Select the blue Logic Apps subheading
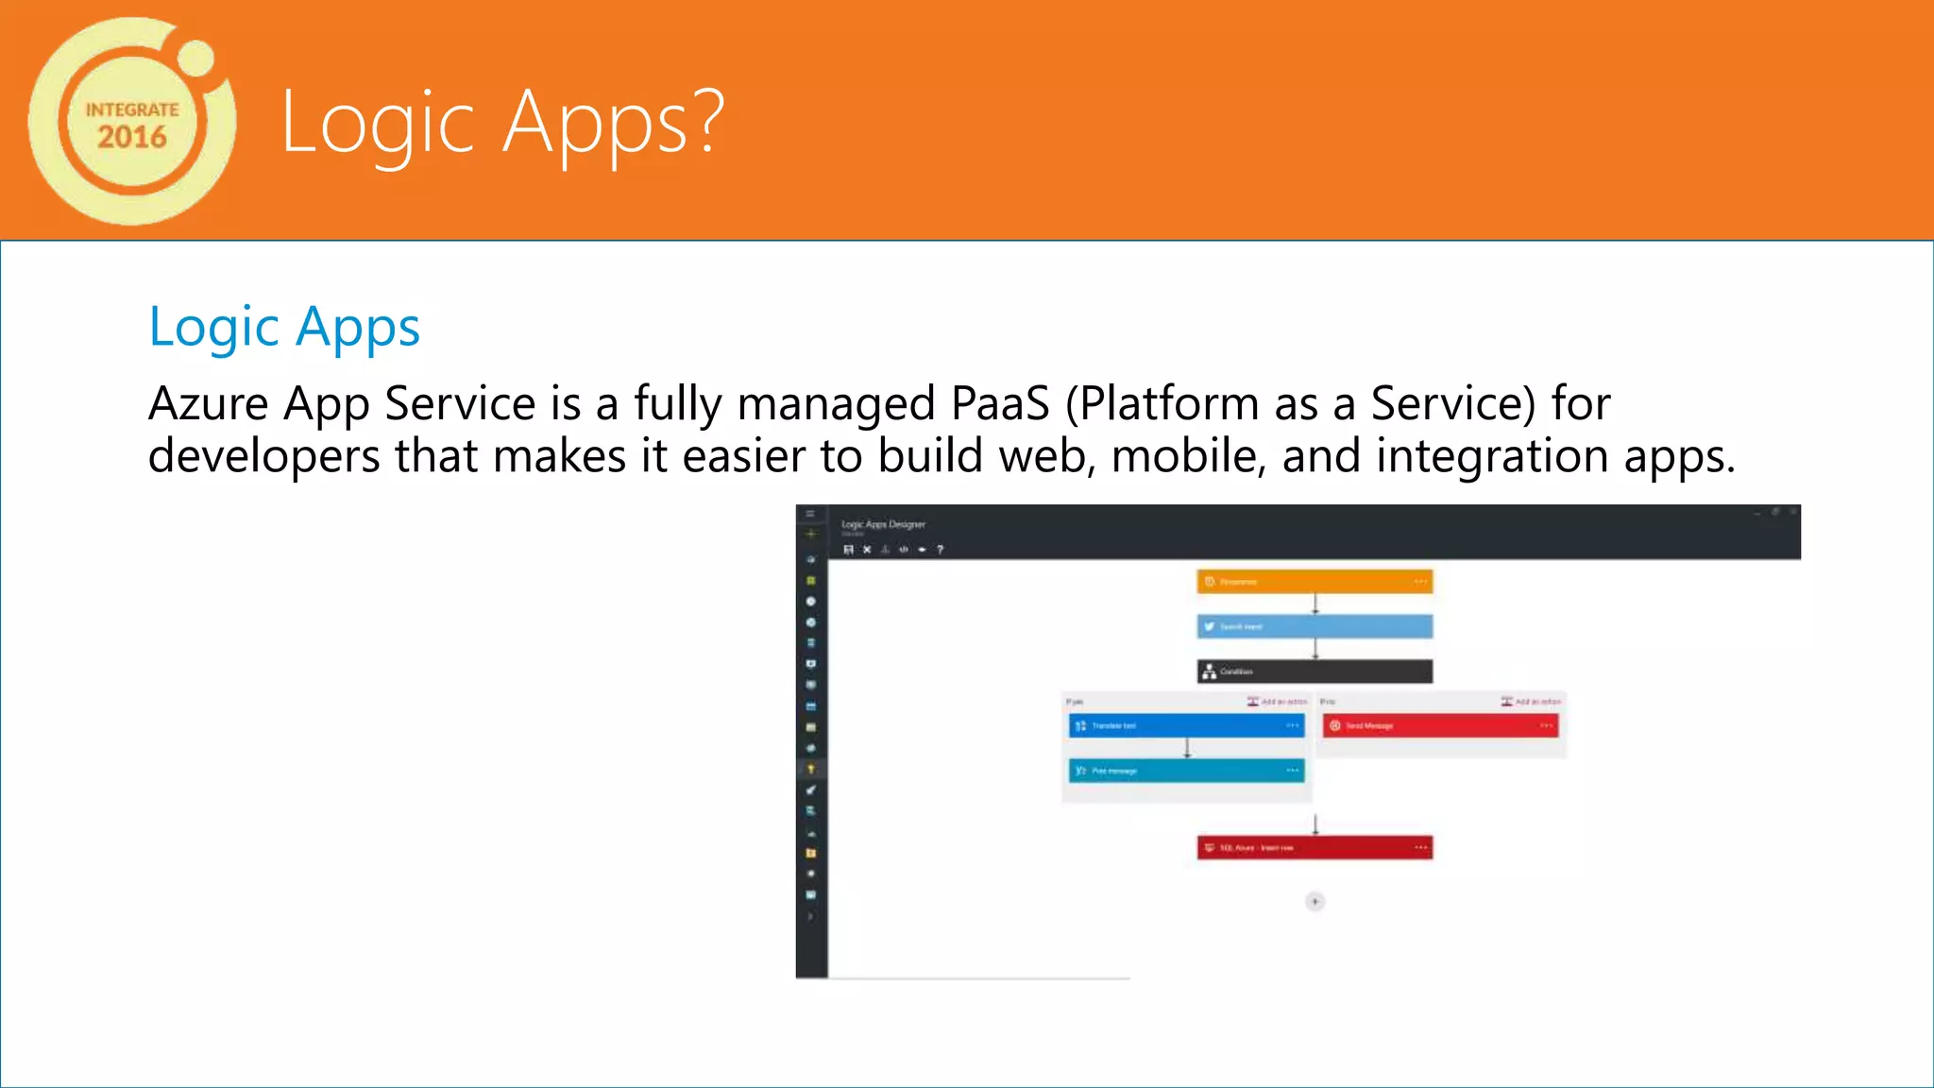(284, 328)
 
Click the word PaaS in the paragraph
(1000, 404)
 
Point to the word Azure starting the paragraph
(209, 404)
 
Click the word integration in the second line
(1492, 456)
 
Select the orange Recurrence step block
(1315, 582)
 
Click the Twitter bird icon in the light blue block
(1209, 626)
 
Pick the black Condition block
(1315, 671)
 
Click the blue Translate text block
(1186, 725)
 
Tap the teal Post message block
(1186, 771)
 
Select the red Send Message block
(1439, 725)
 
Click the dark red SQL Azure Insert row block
(1315, 847)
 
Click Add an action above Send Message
(1532, 702)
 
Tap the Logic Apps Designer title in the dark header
(883, 524)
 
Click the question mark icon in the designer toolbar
(940, 550)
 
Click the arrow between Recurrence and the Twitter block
(1315, 603)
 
